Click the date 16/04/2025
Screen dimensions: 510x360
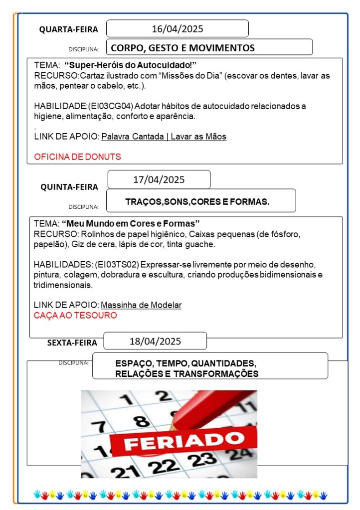178,29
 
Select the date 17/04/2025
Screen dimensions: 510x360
159,179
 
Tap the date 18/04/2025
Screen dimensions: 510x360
155,341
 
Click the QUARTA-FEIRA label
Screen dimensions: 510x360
69,29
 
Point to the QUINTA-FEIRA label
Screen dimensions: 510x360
69,187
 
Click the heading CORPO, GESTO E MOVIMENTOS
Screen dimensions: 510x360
182,48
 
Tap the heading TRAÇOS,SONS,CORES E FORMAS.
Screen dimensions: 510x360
197,202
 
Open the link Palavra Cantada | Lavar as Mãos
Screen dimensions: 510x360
164,137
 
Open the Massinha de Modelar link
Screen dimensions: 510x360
141,305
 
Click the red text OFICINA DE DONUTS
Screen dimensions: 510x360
77,157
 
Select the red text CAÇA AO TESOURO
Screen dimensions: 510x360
75,316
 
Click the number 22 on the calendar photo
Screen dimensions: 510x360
164,467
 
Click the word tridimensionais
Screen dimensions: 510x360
63,286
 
